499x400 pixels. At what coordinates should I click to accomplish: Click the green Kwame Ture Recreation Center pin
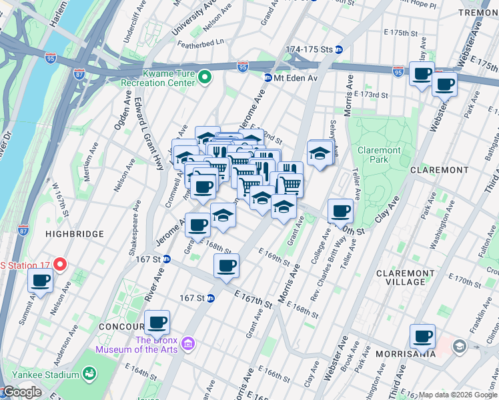(204, 78)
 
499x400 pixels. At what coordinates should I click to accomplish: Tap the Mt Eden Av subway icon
(268, 78)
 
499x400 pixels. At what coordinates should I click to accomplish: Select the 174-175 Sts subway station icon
(339, 49)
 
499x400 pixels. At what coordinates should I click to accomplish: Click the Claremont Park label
(379, 155)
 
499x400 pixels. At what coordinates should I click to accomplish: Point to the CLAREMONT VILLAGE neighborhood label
(410, 277)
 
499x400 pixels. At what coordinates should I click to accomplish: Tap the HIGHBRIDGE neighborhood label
(75, 234)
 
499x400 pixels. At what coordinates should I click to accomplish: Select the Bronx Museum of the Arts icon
(188, 343)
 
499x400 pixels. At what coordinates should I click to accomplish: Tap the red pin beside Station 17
(59, 265)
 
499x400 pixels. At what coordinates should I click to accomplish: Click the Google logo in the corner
(21, 392)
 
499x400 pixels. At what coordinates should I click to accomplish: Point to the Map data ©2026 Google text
(458, 395)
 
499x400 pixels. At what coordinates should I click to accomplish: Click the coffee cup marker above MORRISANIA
(422, 336)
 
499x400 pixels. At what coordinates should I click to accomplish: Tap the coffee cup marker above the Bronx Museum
(157, 322)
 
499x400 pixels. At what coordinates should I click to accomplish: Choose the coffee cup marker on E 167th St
(226, 265)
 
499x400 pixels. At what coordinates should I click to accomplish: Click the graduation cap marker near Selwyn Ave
(320, 153)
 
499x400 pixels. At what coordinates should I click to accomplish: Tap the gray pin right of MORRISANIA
(459, 346)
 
